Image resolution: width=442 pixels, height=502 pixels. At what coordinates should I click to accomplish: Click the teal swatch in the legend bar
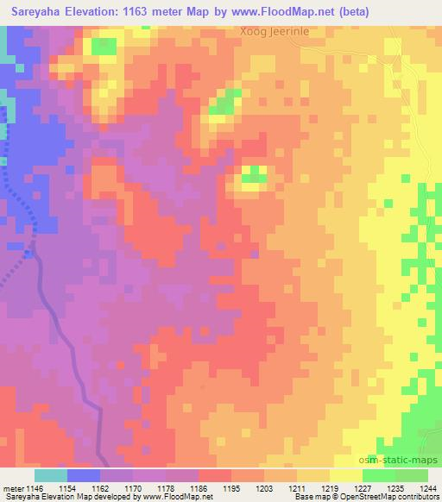(x=50, y=475)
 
